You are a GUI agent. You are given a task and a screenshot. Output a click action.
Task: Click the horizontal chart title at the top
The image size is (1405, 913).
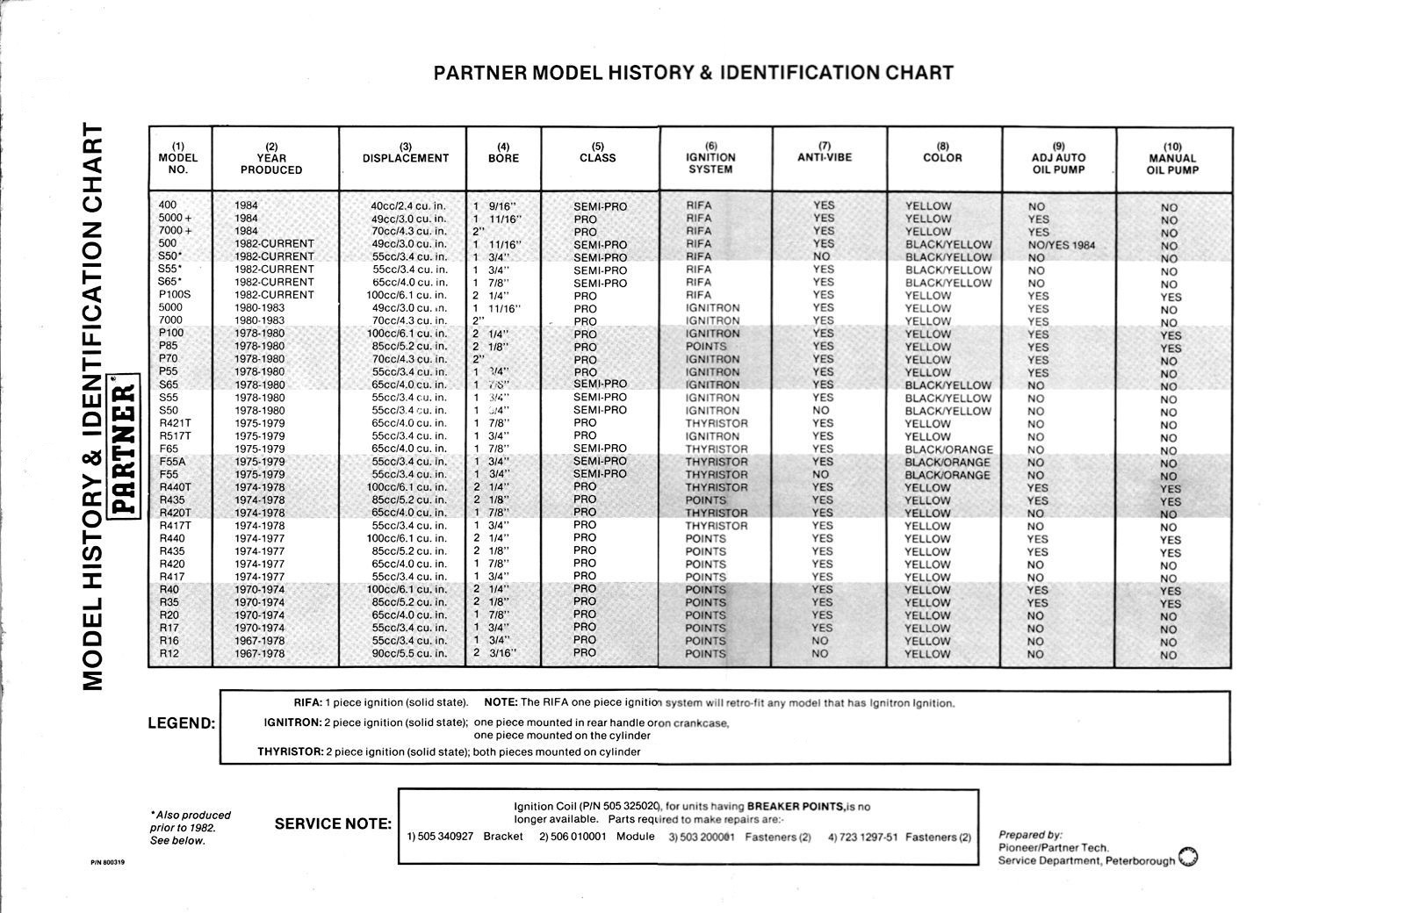coord(693,73)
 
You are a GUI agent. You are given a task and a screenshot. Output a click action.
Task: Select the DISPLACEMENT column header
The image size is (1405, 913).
coord(405,158)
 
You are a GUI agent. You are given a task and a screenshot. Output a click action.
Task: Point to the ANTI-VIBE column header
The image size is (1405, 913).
coord(825,157)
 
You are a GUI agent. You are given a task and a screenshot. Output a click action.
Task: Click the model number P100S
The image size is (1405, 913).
coord(174,295)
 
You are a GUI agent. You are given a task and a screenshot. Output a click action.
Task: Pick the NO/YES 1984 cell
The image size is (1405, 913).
coord(1062,245)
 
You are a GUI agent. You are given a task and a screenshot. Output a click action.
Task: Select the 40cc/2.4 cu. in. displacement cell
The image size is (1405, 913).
coord(408,206)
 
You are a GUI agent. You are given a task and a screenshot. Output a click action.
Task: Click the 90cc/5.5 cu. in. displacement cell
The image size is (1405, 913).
coord(408,653)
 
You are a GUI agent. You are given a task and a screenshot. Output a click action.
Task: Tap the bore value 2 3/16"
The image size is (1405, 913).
coord(495,653)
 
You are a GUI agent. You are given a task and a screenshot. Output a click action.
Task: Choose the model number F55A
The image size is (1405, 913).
coord(173,461)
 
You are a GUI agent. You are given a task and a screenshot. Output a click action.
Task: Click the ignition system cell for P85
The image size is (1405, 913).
coord(706,346)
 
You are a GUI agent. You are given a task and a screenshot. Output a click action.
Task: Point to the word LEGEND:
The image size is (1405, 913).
coord(182,724)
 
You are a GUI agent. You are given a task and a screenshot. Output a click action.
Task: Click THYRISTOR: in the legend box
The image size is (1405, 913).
coord(290,752)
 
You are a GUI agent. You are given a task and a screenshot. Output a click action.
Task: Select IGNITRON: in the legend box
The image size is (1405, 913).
coord(292,722)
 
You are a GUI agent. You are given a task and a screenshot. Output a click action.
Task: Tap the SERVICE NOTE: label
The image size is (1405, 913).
coord(333,824)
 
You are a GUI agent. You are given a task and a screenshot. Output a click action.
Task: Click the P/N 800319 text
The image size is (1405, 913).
coord(108,862)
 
